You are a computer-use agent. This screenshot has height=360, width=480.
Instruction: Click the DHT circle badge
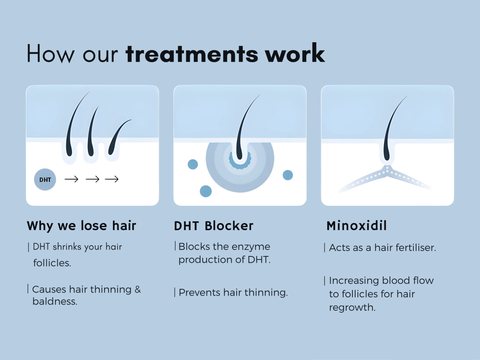(x=45, y=180)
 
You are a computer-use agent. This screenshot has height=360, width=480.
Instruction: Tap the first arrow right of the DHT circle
(x=71, y=179)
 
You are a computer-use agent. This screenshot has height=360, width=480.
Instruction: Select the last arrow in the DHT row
(x=112, y=179)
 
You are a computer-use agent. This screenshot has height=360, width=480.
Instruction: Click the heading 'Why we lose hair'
(x=81, y=226)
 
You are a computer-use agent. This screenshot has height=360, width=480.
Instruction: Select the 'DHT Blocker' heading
(x=214, y=226)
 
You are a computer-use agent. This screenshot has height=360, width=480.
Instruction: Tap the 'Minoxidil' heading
(x=356, y=226)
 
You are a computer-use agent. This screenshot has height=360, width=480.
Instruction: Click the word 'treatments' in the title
(x=192, y=54)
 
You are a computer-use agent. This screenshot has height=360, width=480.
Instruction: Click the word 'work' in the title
(x=295, y=53)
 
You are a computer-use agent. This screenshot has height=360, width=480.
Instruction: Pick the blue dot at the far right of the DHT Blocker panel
(x=288, y=175)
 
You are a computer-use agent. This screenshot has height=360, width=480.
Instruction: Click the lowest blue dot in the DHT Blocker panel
(x=206, y=191)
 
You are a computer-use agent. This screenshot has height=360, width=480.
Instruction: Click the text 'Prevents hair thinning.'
(x=233, y=292)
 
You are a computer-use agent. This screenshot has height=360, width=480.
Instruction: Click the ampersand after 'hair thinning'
(x=138, y=289)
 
